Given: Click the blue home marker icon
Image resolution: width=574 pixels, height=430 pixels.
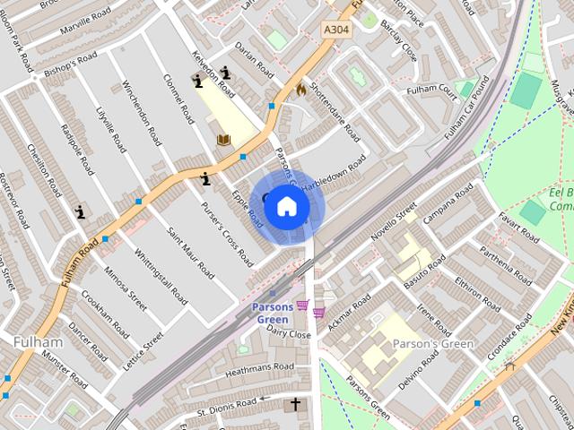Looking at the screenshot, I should pos(286,207).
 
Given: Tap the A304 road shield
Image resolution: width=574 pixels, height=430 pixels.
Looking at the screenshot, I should pos(335,30).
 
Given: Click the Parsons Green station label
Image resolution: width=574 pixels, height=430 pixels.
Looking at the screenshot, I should pos(271,313).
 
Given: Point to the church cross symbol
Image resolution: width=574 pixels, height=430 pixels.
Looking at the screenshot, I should pos(295,406).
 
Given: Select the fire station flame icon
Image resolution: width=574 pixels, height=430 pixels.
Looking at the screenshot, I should pos(301,89).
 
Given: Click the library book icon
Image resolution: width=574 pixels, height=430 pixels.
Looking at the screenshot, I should pos(223,140).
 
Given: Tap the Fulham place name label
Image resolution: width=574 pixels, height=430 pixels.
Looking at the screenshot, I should pos(38,341).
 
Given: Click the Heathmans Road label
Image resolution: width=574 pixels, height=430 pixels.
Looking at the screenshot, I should pos(259,367).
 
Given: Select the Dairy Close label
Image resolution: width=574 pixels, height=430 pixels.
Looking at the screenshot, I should pos(288,334).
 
